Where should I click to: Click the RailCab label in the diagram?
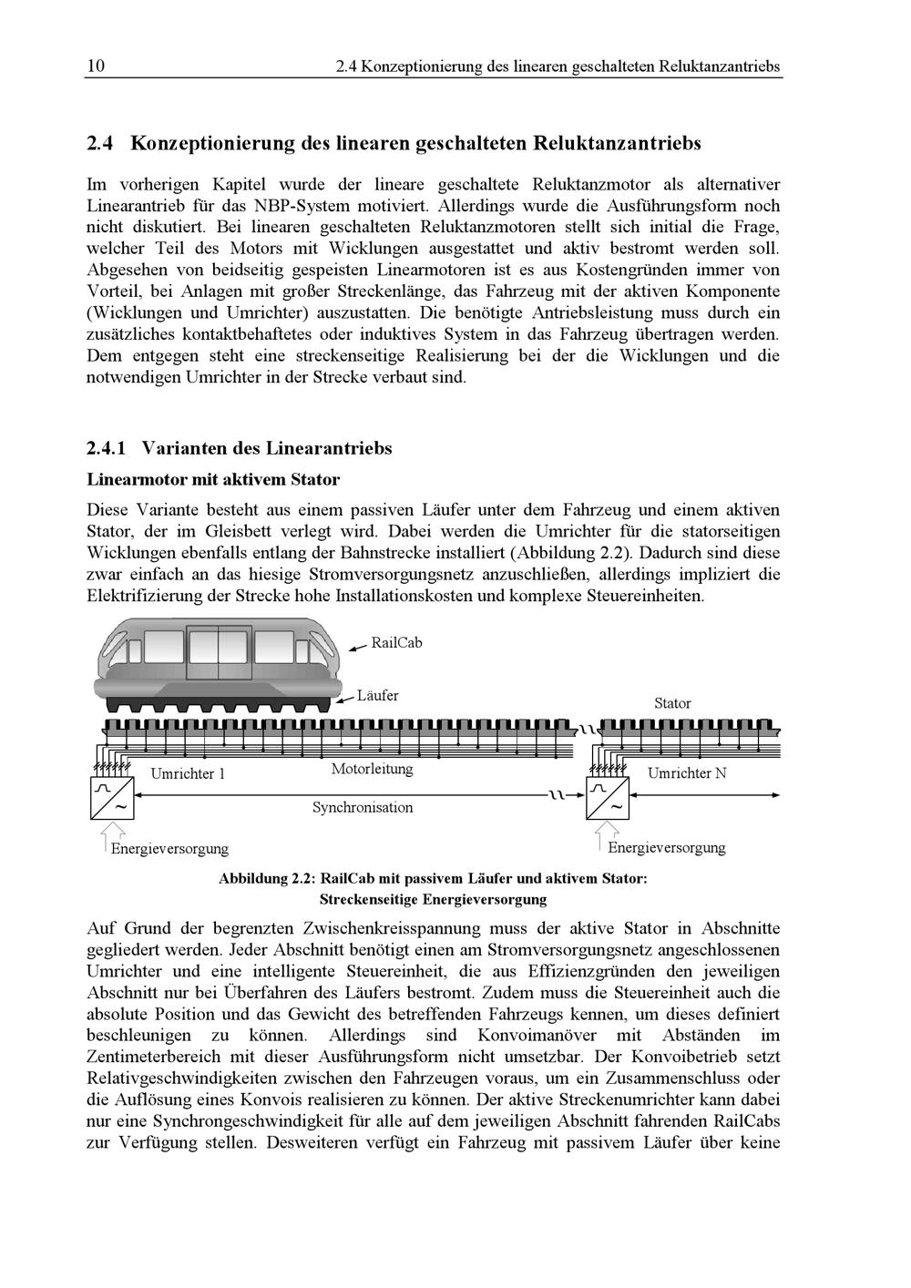tap(396, 643)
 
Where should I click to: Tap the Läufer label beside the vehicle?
tap(377, 696)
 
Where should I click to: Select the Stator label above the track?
tap(672, 703)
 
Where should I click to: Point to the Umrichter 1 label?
tap(187, 774)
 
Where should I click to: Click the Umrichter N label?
tap(687, 773)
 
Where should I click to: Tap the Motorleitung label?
tap(372, 769)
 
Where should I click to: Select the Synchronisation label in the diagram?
tap(363, 807)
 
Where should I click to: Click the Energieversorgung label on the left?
tap(169, 849)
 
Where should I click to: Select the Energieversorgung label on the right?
tap(667, 848)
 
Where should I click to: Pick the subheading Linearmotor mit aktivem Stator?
tap(213, 479)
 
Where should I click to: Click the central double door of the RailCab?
tap(218, 651)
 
